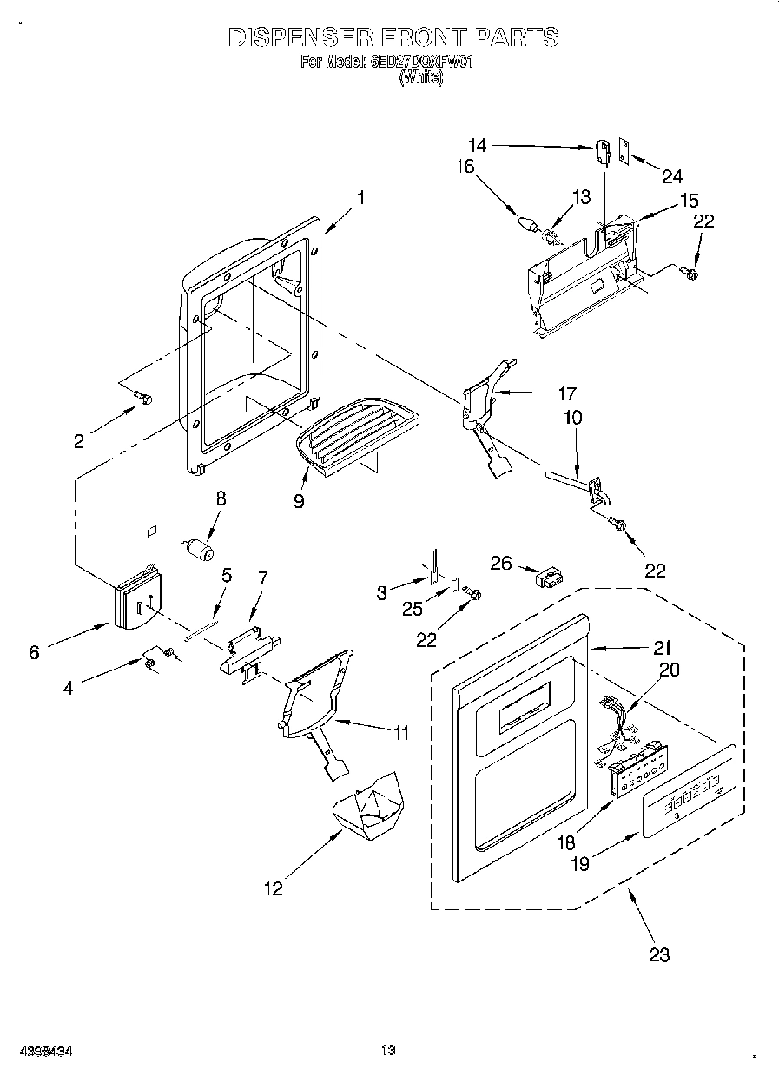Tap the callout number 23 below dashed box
(x=659, y=955)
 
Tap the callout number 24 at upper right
(x=672, y=176)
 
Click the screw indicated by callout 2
(x=144, y=399)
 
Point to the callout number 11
(x=399, y=734)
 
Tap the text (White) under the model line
(x=420, y=77)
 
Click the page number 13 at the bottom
(x=387, y=1050)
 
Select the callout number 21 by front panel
(x=661, y=647)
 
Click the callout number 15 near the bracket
(x=689, y=201)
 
